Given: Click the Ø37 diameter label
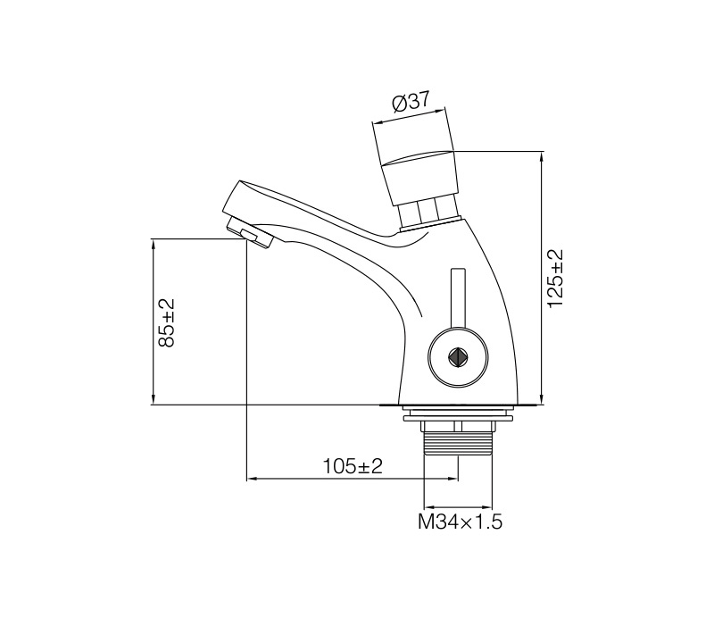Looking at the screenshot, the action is [411, 102].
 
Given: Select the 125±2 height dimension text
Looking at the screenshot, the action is [555, 278].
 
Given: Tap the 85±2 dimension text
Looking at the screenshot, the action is [166, 322].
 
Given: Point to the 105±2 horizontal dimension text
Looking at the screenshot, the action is [353, 466].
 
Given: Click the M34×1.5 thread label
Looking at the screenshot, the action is [460, 522].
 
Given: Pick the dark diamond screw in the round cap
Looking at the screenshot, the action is [457, 357].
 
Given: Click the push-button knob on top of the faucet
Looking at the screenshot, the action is [418, 177].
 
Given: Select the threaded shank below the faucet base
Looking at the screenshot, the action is [458, 442].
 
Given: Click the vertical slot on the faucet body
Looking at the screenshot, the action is [458, 297].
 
